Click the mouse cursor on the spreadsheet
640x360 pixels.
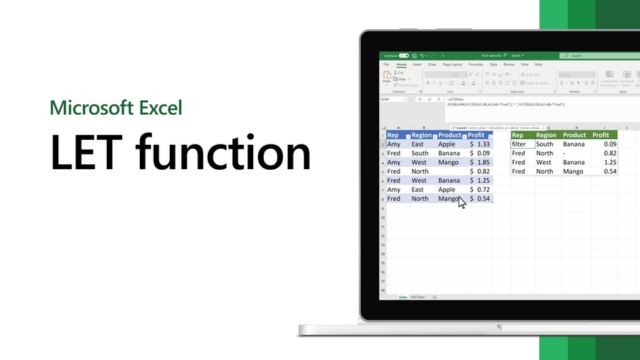[x=462, y=202]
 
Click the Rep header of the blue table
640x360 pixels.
[x=394, y=135]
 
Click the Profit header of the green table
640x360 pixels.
[x=601, y=135]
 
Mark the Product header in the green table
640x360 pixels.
[x=574, y=135]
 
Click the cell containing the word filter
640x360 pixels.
[x=518, y=144]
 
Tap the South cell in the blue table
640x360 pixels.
[x=419, y=153]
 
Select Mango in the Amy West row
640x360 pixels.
[x=449, y=162]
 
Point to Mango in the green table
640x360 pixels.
[x=574, y=171]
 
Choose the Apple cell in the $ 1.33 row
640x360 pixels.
[x=446, y=144]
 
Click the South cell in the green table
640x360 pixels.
[x=545, y=144]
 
